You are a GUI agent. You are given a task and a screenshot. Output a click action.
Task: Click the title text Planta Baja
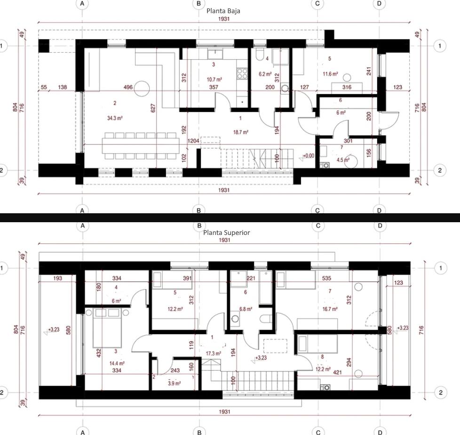(x=223, y=10)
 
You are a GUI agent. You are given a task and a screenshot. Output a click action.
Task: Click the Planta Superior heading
(x=227, y=232)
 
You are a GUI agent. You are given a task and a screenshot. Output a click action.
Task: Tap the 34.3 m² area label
(x=115, y=118)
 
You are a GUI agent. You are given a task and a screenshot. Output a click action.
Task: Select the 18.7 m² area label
(x=241, y=133)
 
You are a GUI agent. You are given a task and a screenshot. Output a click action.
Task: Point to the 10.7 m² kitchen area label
(x=214, y=80)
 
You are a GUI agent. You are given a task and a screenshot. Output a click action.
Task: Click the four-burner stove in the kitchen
(x=242, y=72)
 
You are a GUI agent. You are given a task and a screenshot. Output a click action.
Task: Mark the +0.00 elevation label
(x=309, y=156)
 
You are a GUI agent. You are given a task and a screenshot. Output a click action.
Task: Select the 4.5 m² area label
(x=343, y=160)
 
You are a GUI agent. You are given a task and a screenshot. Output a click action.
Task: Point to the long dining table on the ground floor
(x=141, y=145)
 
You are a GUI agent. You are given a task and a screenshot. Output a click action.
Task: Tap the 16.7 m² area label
(x=329, y=309)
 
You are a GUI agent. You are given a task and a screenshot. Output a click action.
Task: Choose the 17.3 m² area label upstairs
(x=214, y=353)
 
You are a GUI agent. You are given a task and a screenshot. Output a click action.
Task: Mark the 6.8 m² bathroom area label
(x=246, y=309)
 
